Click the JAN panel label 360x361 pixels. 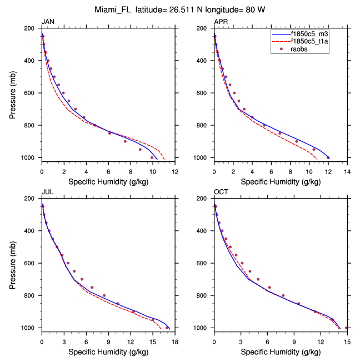(47, 22)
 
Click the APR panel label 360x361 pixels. (221, 22)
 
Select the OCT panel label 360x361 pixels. (221, 192)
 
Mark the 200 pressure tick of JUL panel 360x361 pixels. (33, 199)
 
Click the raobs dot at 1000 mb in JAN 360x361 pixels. (152, 157)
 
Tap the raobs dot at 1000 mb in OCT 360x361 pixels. (346, 328)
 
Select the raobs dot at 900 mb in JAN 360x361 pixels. (125, 141)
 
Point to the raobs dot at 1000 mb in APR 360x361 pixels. (328, 157)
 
